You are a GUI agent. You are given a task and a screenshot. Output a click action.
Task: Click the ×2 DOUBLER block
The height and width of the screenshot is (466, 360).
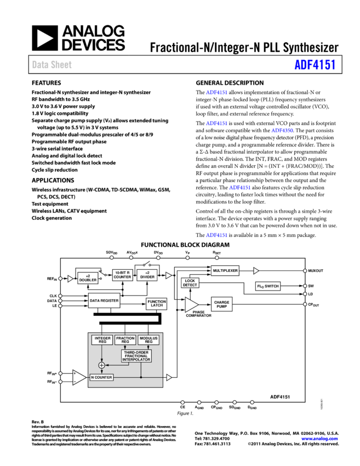(88, 279)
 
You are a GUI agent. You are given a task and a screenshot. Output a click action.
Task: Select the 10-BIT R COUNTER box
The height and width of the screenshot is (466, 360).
(122, 275)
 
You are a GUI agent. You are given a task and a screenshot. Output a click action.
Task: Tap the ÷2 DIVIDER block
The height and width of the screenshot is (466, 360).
(147, 275)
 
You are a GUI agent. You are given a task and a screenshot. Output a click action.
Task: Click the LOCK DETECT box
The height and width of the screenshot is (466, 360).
(190, 283)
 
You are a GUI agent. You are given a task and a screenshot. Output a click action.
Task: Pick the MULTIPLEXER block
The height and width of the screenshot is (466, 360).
(225, 271)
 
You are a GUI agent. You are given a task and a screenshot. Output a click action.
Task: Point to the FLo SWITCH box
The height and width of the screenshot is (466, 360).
(268, 286)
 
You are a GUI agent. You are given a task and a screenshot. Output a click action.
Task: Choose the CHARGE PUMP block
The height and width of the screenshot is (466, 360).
(222, 304)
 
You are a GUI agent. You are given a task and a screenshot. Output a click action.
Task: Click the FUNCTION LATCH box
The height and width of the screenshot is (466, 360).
(157, 304)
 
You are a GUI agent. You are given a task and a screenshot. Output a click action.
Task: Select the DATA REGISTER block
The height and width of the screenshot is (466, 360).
(104, 300)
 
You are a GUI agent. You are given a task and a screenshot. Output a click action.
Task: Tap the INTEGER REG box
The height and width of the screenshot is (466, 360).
(102, 340)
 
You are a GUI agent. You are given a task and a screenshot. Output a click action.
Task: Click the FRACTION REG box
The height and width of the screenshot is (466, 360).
(125, 340)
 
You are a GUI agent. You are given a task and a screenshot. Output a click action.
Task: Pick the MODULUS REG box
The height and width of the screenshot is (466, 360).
(148, 340)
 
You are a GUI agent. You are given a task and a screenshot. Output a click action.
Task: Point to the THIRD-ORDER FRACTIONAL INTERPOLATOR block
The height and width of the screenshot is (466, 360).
(136, 356)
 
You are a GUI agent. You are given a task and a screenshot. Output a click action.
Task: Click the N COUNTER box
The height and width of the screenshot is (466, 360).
(101, 377)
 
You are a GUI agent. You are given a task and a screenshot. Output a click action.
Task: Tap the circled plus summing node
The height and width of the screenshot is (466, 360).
(101, 366)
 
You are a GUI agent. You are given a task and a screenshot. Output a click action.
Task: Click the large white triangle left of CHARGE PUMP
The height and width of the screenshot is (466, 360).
(191, 305)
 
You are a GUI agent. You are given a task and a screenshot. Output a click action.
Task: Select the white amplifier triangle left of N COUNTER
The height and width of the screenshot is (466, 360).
(79, 377)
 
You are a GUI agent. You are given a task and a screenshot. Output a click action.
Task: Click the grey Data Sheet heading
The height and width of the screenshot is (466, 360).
(52, 65)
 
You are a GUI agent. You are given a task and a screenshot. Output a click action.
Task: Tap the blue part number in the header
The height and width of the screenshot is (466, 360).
(315, 65)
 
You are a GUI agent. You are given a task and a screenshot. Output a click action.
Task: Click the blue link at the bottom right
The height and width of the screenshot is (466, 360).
(319, 439)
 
